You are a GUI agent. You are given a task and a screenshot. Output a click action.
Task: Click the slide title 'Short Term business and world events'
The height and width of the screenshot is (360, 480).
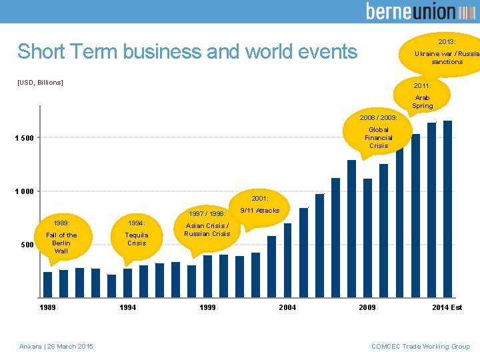(187, 51)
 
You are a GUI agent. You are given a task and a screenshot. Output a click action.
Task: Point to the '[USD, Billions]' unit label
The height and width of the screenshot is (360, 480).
(40, 82)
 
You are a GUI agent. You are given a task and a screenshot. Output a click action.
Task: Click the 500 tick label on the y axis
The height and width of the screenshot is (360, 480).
(27, 245)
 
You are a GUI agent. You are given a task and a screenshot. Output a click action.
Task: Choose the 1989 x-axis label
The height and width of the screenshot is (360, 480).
(47, 307)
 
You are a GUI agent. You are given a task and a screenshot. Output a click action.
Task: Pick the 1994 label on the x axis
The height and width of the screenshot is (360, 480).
(128, 307)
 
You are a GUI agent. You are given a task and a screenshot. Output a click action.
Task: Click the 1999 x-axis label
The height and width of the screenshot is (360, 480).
(207, 307)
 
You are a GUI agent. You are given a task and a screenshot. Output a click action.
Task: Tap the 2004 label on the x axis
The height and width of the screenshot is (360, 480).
(287, 307)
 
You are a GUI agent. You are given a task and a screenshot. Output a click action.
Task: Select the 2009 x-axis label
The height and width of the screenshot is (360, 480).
(367, 307)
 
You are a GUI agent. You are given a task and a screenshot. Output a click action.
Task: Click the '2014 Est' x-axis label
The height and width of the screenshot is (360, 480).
(447, 307)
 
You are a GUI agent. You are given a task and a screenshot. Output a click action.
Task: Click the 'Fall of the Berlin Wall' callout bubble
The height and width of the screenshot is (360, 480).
(61, 237)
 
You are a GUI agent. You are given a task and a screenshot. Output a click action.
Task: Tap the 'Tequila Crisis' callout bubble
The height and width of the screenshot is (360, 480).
(137, 234)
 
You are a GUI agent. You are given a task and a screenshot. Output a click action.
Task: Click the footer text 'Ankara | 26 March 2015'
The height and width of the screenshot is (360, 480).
(57, 346)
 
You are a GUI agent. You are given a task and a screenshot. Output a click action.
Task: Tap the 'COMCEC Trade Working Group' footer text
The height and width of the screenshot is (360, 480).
(421, 346)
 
